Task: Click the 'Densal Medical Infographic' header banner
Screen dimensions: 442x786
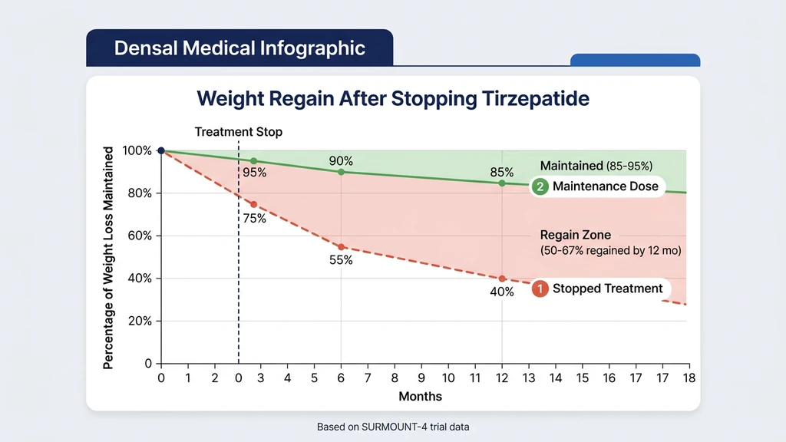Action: [239, 48]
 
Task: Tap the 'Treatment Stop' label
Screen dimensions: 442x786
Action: [238, 132]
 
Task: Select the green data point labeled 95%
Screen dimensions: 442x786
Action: [254, 161]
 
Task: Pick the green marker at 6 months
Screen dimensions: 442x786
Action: [341, 172]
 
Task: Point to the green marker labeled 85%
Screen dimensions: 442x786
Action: [502, 183]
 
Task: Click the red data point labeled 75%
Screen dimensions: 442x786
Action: [254, 204]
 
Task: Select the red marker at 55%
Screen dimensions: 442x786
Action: [341, 247]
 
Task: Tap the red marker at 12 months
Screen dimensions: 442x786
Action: [502, 279]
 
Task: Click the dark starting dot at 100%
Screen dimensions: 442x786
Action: [161, 150]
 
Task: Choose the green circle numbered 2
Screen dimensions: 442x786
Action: [540, 186]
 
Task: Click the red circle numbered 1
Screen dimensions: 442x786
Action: [540, 289]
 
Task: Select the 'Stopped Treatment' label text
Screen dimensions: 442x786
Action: [606, 289]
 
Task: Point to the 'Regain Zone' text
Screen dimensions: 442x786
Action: [576, 236]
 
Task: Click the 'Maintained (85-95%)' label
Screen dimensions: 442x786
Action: [596, 166]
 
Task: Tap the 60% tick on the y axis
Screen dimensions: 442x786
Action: [139, 236]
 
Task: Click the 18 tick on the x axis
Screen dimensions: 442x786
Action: [689, 378]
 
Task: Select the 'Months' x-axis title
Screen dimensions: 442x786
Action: [420, 396]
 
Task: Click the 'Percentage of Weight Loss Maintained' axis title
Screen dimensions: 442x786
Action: [108, 257]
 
